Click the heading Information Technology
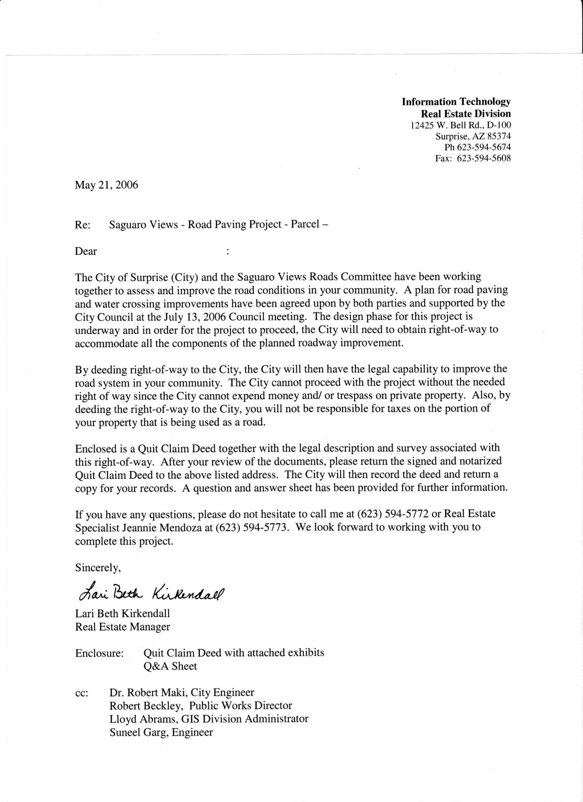tap(456, 102)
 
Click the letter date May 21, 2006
tap(106, 185)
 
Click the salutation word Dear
tap(86, 251)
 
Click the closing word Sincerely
tap(98, 568)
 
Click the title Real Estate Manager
tap(122, 627)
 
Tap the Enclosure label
tap(99, 653)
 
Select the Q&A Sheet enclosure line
tap(170, 666)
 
